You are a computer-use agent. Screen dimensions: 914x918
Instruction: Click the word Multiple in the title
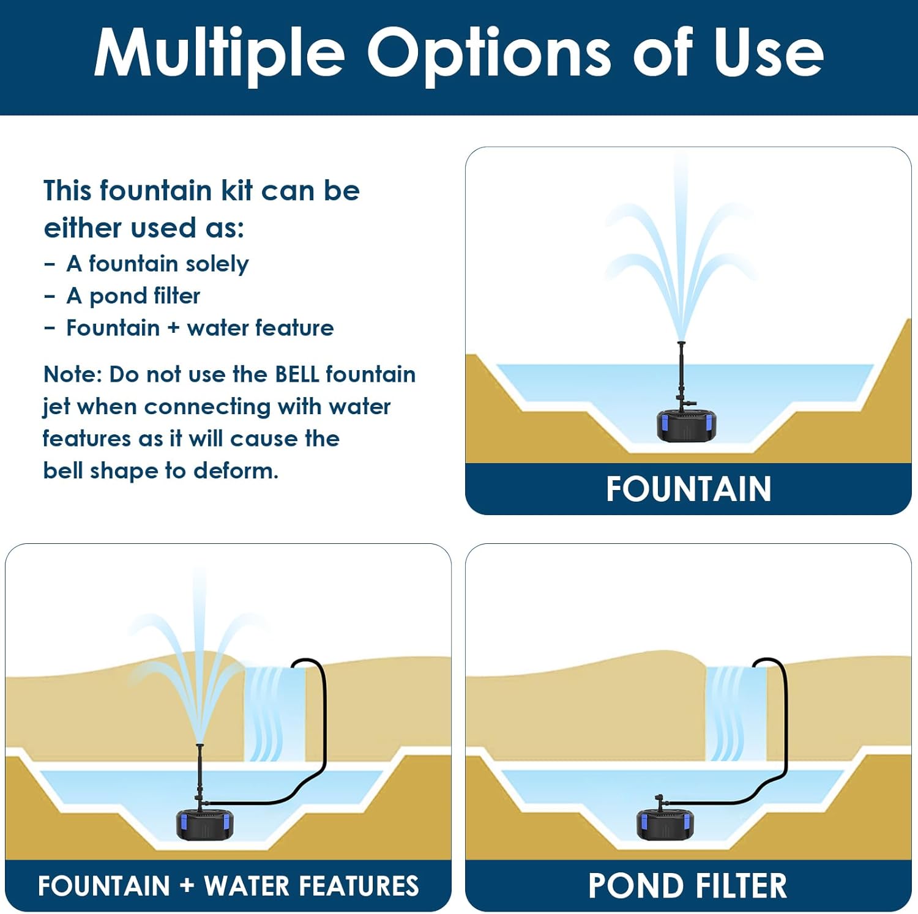tap(219, 54)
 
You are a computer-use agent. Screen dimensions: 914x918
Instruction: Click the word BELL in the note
tap(297, 374)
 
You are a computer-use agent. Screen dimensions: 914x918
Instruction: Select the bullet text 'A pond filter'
tap(133, 296)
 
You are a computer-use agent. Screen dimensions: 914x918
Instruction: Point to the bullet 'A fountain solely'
tap(157, 264)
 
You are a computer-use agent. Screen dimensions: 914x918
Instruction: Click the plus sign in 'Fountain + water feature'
tap(173, 329)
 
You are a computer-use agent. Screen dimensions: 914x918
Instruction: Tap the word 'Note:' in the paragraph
tap(72, 374)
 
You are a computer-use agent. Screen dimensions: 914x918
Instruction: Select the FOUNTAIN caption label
tap(688, 489)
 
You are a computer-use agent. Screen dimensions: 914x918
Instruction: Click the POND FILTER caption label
tap(687, 885)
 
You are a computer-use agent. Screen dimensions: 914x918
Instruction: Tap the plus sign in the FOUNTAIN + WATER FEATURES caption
tap(187, 886)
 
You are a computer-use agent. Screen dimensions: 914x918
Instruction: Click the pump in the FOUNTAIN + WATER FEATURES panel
tap(203, 824)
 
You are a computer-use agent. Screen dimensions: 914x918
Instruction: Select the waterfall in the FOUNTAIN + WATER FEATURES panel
tap(274, 713)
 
